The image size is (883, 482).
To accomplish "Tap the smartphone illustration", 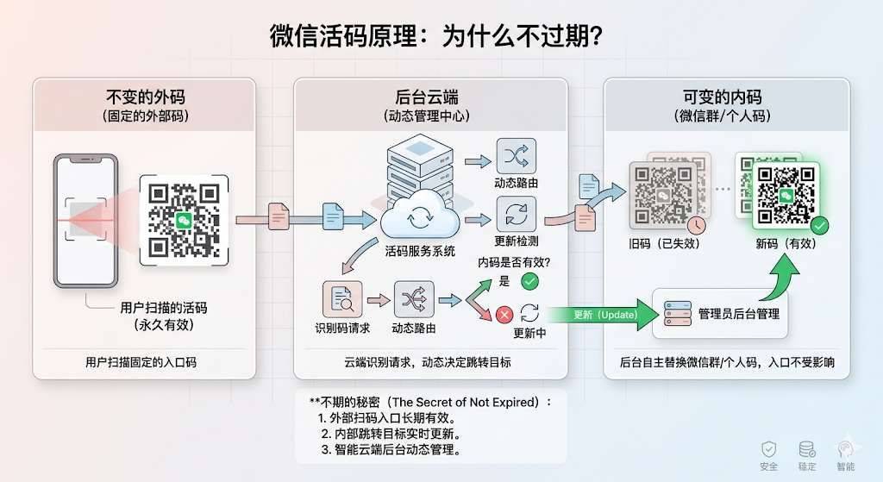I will click(85, 220).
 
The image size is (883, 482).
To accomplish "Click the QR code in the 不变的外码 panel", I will click(184, 220).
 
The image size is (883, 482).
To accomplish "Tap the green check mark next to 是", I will click(529, 280).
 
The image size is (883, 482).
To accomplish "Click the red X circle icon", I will click(504, 314).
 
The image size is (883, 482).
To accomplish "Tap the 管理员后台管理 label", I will click(738, 313).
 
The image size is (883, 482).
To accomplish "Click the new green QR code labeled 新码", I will click(785, 194).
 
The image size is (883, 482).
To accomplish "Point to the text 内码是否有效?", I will click(515, 262).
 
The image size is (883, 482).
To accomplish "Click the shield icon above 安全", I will click(767, 449).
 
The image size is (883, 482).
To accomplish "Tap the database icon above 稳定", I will click(807, 449).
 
